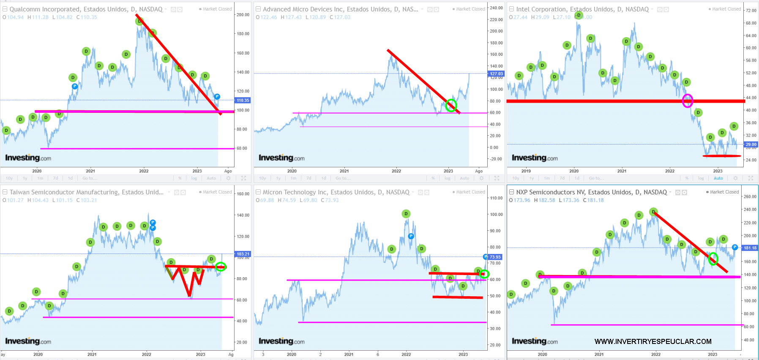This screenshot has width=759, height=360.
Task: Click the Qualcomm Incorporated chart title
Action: (86, 9)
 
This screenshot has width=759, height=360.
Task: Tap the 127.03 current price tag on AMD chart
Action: (496, 74)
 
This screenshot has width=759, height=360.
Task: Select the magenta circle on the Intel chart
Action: (688, 101)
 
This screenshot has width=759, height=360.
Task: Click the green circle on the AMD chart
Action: (451, 105)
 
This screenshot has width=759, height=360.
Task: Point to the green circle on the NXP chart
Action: (713, 259)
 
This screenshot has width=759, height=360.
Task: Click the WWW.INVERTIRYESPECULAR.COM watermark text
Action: (653, 341)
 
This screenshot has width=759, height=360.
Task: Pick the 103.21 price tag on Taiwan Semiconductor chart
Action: (243, 254)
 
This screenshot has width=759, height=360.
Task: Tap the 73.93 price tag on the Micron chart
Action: (495, 257)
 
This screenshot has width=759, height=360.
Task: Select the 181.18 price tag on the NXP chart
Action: (750, 248)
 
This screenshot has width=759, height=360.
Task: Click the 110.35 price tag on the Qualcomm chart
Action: (243, 100)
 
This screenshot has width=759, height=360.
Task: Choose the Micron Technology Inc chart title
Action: (336, 192)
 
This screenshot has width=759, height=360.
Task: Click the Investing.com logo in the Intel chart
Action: (535, 158)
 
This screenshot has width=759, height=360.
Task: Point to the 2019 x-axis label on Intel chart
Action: (526, 171)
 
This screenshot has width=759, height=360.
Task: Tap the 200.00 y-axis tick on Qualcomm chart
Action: (243, 15)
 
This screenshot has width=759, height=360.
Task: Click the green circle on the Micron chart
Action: (484, 274)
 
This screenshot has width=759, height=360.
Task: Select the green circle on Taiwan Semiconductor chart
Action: (221, 267)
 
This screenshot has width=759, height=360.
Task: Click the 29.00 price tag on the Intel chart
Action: (751, 145)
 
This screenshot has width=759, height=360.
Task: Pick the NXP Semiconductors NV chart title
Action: (591, 192)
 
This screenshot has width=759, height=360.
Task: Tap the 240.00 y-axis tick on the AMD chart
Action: (497, 8)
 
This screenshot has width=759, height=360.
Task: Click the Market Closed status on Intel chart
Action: (726, 9)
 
